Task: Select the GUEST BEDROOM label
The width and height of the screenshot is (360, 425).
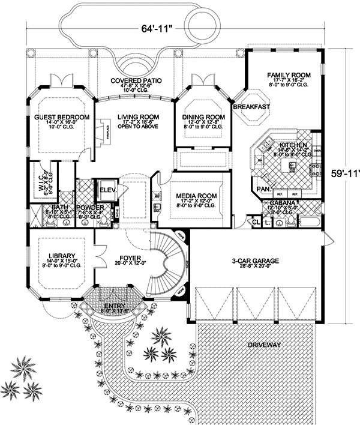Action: point(62,116)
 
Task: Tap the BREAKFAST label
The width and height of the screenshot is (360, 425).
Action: point(251,107)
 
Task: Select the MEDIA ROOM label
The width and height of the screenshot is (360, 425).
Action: point(196,196)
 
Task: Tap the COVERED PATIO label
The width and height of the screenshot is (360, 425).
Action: point(138,80)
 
